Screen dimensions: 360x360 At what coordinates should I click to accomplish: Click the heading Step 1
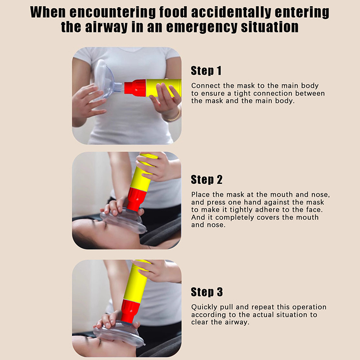pyautogui.click(x=206, y=71)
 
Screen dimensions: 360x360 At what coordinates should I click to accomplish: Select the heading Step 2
pyautogui.click(x=207, y=180)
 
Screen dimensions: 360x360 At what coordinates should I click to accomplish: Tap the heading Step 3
pyautogui.click(x=207, y=292)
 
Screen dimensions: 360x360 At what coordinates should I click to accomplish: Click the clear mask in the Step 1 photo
pyautogui.click(x=105, y=79)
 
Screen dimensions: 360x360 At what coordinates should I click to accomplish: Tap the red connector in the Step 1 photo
pyautogui.click(x=135, y=88)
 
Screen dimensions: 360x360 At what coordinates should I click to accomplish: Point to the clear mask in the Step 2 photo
pyautogui.click(x=122, y=220)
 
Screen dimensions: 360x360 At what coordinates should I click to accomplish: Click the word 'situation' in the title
pyautogui.click(x=270, y=27)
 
